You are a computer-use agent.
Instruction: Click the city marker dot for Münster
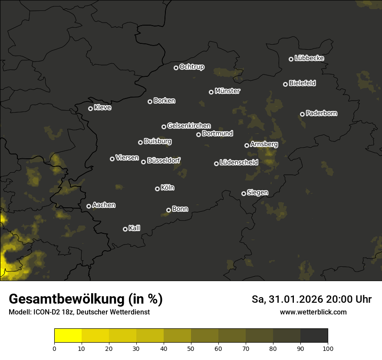211,92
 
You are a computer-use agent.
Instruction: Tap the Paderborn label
321,113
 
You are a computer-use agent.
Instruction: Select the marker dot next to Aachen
89,206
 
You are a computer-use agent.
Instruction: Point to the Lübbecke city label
309,58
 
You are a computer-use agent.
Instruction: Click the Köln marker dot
157,189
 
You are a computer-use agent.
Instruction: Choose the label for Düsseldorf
164,160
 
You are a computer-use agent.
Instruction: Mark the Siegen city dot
244,193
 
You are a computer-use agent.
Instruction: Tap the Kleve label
102,107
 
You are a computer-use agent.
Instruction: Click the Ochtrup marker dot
176,68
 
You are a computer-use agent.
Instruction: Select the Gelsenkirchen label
189,126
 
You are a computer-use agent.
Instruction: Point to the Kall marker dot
125,229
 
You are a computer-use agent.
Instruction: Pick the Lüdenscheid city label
239,162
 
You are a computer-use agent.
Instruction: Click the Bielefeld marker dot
285,84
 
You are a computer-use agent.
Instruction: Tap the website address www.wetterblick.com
313,312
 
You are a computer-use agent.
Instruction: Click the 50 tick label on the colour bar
191,348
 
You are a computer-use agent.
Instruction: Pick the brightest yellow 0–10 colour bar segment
68,336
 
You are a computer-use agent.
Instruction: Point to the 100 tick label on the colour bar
328,348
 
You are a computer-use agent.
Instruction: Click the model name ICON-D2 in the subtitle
46,312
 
